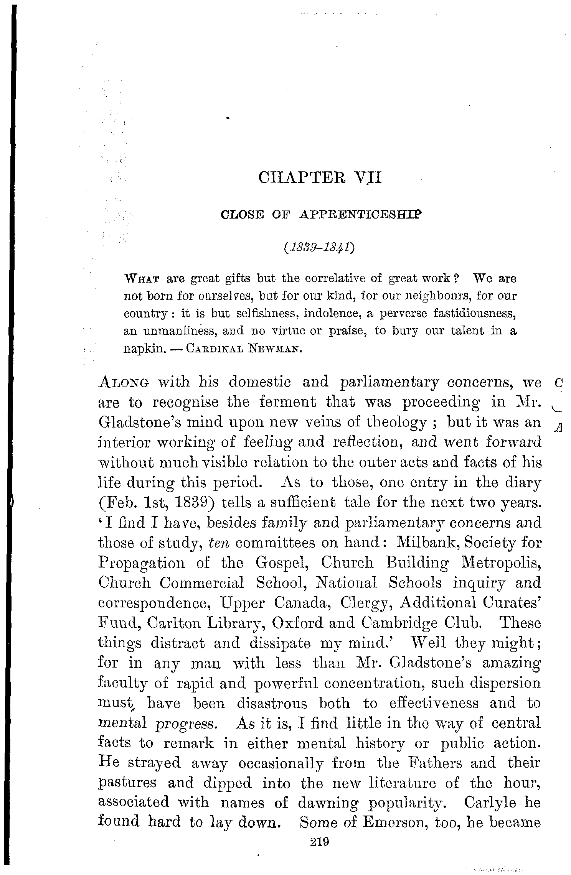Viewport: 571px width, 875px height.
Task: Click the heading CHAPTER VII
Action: (x=320, y=178)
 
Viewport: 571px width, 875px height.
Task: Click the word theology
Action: (x=397, y=423)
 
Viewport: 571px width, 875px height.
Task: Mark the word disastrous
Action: (x=272, y=703)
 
